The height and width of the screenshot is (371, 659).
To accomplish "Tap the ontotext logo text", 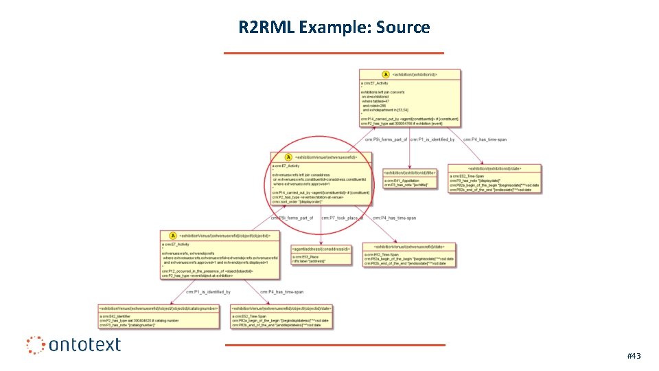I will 84,344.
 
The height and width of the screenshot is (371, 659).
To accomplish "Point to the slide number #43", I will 634,356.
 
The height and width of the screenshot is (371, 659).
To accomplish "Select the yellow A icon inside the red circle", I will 288,158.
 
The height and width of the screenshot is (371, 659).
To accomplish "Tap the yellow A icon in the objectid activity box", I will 173,236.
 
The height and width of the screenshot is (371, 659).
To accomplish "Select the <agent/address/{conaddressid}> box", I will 321,255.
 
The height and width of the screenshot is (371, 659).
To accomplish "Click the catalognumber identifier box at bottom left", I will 159,317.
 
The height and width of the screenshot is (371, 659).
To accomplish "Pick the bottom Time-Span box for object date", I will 281,317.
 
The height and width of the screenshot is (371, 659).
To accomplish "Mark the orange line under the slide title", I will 334,52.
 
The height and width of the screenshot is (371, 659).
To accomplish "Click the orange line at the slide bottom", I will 334,345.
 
